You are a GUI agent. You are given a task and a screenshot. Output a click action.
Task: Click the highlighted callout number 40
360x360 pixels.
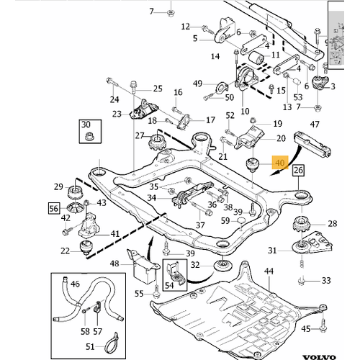click(x=280, y=164)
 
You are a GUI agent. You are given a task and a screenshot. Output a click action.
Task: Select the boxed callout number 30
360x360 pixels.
click(x=87, y=125)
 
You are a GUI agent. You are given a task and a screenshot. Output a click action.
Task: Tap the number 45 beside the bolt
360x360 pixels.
click(x=325, y=329)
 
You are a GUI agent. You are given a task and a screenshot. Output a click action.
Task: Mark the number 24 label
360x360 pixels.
click(x=114, y=99)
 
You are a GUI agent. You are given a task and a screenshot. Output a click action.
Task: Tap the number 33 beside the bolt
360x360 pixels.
click(x=326, y=280)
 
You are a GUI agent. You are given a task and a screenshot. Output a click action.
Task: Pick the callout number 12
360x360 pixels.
click(x=186, y=27)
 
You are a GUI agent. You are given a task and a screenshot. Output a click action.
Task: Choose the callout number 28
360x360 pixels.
click(x=332, y=225)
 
